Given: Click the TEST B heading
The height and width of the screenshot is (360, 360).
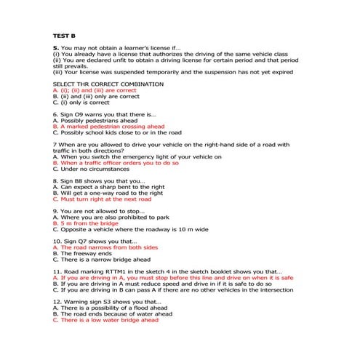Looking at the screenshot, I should [x=64, y=35].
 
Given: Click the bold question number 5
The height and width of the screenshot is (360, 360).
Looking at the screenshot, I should [x=55, y=48].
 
